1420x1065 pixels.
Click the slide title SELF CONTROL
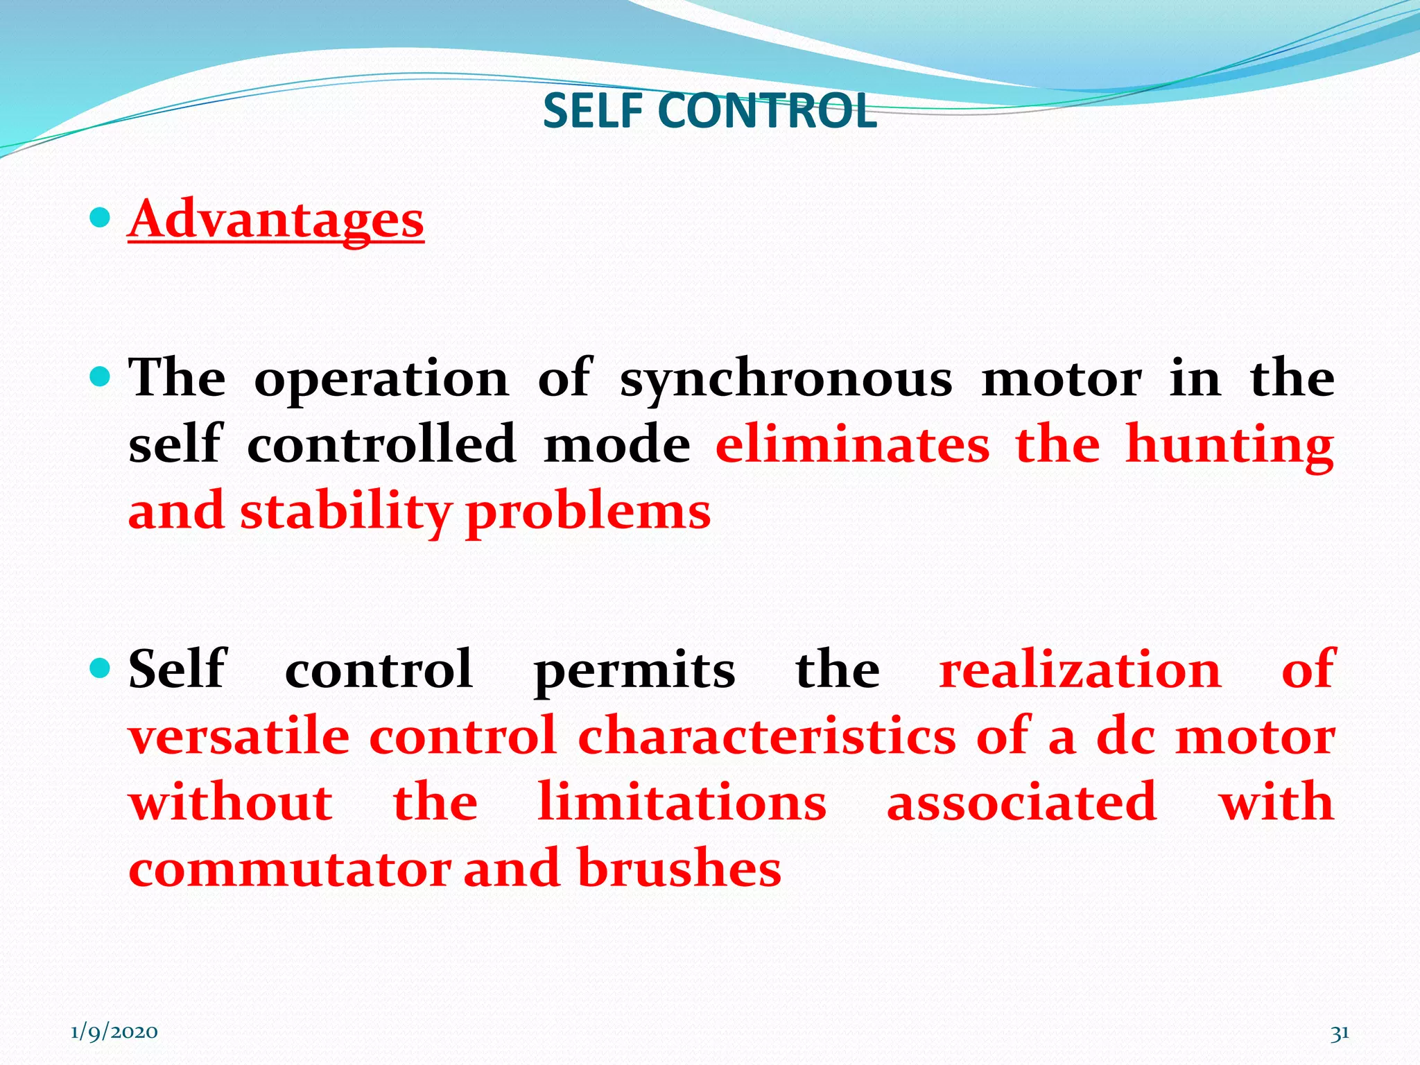(x=709, y=111)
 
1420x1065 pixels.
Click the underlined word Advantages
(x=276, y=220)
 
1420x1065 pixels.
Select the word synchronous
(x=786, y=380)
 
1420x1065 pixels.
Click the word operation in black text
(x=381, y=380)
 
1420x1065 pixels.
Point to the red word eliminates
(x=853, y=445)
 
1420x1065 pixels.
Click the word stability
(x=345, y=512)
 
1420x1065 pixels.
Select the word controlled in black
(x=381, y=445)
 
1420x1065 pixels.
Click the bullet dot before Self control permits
(x=101, y=669)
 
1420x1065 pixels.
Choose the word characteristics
(x=767, y=736)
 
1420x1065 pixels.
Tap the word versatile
(x=239, y=736)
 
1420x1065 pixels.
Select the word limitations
(x=682, y=802)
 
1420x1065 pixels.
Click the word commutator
(x=290, y=869)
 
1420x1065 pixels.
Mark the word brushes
(x=679, y=868)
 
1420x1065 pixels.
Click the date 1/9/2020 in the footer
(x=114, y=1032)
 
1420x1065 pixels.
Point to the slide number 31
(x=1340, y=1033)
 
